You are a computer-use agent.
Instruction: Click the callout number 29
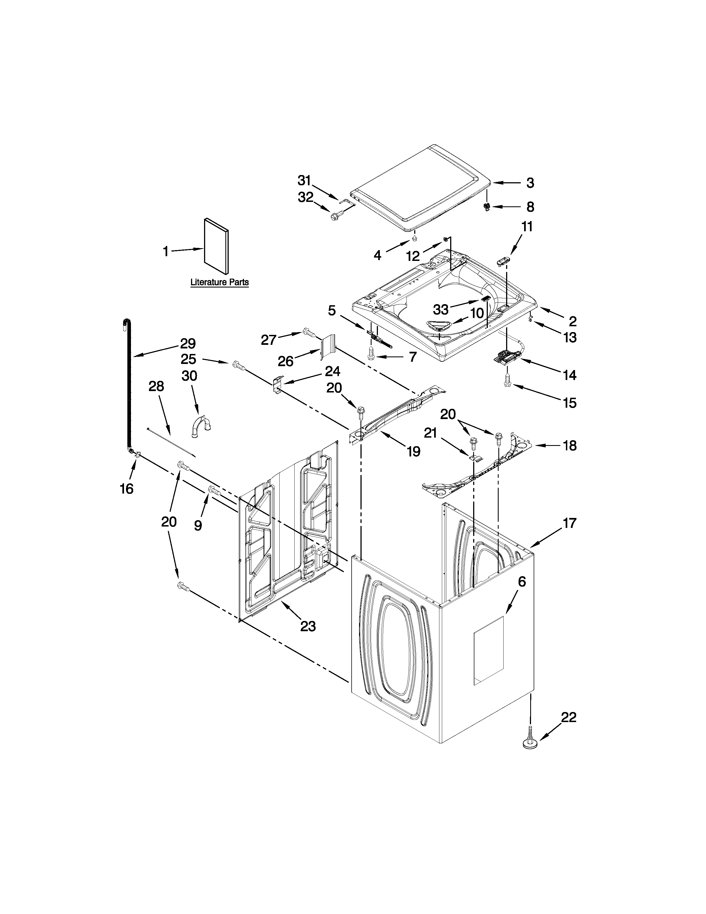188,344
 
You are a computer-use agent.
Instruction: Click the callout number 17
569,523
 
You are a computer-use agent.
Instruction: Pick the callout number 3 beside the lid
530,183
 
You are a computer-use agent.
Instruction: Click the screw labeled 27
308,333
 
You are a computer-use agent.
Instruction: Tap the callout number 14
569,375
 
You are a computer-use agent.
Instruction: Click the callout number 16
126,488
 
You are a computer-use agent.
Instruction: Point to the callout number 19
413,451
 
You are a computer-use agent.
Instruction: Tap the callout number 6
522,581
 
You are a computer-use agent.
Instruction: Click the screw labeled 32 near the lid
335,216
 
